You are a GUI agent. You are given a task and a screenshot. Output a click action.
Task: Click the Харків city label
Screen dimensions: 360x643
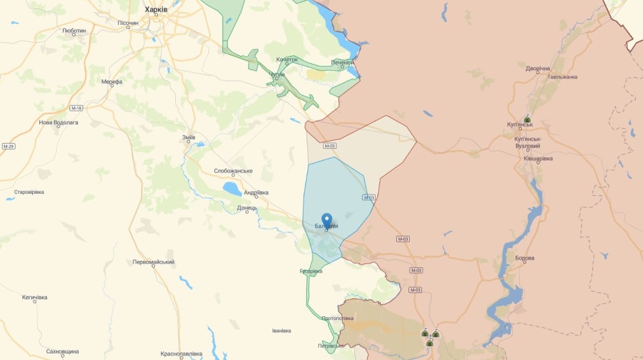[156, 9]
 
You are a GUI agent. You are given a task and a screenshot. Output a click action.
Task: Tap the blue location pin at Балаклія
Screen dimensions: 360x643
[327, 220]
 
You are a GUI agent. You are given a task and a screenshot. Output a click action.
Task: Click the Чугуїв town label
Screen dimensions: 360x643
[276, 74]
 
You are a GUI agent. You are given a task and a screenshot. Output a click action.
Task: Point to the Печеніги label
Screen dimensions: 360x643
[343, 62]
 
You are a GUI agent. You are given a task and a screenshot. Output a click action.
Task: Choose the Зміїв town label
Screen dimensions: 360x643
[189, 137]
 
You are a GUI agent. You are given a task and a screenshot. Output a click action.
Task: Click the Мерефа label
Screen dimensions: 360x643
[111, 82]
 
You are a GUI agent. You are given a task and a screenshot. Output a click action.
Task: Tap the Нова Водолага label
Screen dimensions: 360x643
[59, 122]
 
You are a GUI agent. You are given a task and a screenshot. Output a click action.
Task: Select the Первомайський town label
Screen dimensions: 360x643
[153, 262]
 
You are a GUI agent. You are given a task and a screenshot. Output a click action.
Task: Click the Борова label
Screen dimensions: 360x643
[524, 258]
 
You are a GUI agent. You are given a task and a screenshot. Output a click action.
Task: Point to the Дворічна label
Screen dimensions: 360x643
[538, 68]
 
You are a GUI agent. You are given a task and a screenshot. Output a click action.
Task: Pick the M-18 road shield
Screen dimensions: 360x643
[77, 108]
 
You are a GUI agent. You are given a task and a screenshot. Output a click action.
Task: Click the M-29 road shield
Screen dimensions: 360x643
[8, 146]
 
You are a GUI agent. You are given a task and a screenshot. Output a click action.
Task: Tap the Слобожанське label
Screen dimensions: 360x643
[233, 171]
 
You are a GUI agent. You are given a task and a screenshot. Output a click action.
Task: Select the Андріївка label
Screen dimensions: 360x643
[256, 193]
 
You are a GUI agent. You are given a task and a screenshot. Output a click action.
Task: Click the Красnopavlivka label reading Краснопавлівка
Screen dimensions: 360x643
[182, 354]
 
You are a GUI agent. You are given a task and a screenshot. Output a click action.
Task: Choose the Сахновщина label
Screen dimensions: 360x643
[62, 352]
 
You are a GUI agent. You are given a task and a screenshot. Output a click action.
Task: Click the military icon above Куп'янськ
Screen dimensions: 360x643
[527, 119]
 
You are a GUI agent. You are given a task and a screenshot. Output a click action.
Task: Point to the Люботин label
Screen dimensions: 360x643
[74, 30]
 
